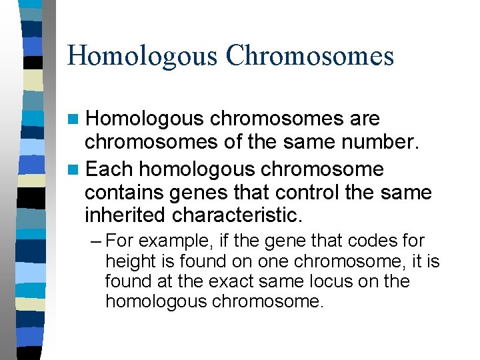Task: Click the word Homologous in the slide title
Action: coord(141,55)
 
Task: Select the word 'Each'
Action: coord(110,169)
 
